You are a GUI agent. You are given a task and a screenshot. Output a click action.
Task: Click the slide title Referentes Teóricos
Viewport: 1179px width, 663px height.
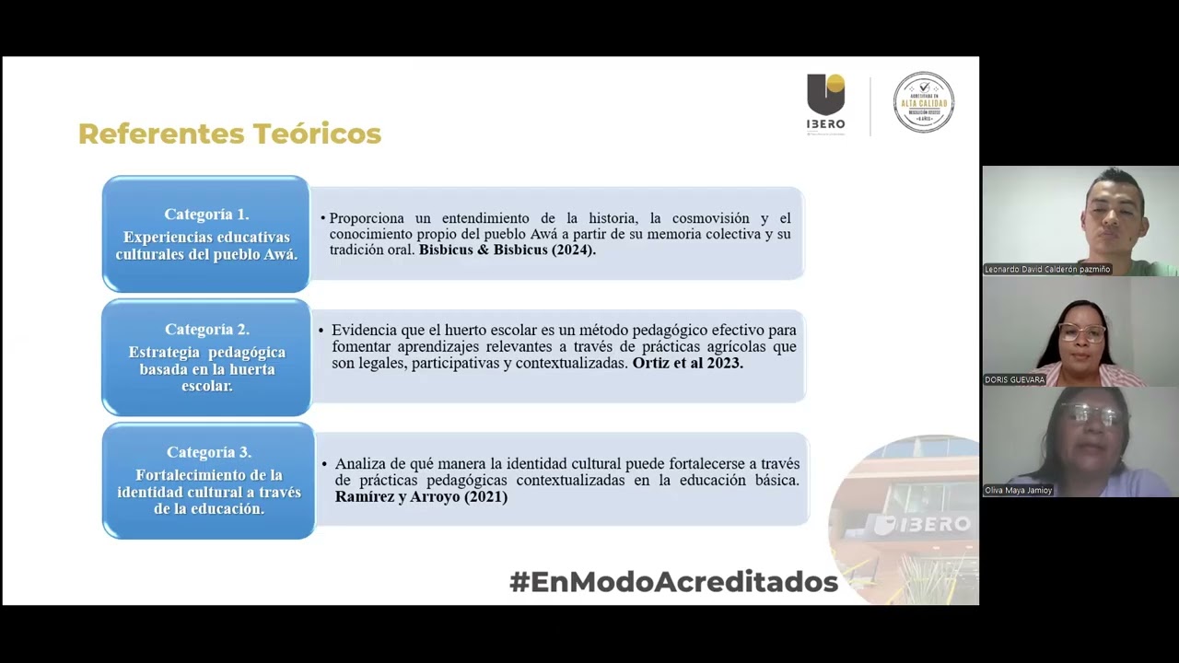point(229,134)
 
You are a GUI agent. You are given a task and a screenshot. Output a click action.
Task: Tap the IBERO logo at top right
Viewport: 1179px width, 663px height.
point(825,102)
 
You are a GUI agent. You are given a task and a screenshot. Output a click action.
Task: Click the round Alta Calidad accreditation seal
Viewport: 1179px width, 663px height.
point(923,102)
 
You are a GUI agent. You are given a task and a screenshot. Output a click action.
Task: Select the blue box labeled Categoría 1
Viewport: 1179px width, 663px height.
point(206,234)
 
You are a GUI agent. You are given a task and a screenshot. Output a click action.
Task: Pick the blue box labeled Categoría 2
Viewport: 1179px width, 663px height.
point(206,357)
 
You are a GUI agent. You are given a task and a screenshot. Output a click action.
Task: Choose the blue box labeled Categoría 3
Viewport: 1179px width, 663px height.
point(209,481)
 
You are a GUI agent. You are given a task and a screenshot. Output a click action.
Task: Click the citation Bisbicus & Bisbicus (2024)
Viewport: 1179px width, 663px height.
point(508,250)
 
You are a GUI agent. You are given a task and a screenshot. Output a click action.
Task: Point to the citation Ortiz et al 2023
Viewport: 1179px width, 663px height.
point(687,364)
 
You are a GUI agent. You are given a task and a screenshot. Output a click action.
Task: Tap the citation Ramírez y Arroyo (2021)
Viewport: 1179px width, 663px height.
point(421,497)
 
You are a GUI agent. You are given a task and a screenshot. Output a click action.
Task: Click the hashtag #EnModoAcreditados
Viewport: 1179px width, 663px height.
point(673,582)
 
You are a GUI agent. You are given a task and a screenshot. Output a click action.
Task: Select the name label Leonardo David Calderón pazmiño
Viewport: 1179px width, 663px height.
point(1047,270)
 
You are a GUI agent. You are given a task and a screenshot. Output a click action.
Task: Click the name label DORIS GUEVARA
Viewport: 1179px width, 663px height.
point(1015,379)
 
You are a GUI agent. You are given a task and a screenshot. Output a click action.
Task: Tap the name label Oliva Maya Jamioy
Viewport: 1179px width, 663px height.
point(1019,491)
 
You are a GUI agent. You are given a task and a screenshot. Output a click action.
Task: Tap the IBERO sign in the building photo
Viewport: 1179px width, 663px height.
point(921,524)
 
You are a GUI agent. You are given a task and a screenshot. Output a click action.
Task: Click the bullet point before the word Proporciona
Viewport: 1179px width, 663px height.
point(323,218)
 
